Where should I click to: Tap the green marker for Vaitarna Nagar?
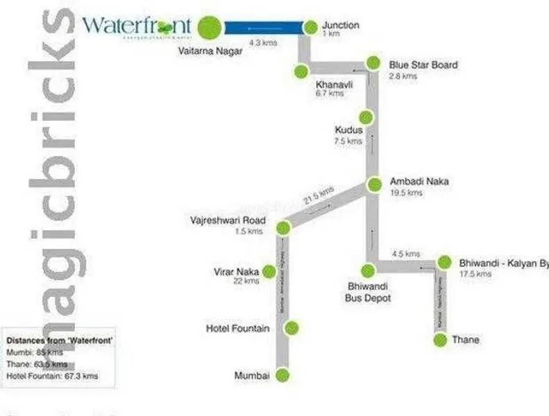point(209,28)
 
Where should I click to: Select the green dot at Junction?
point(311,28)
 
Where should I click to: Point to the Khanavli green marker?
point(301,71)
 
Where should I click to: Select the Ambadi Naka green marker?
point(375,184)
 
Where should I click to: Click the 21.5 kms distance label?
point(319,195)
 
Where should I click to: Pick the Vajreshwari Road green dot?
point(282,227)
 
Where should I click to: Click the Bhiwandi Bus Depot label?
point(368,293)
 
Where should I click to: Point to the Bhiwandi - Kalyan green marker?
point(445,263)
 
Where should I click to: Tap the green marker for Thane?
point(439,340)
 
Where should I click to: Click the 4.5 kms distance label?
point(406,254)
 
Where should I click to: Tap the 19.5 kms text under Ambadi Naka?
point(406,193)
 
